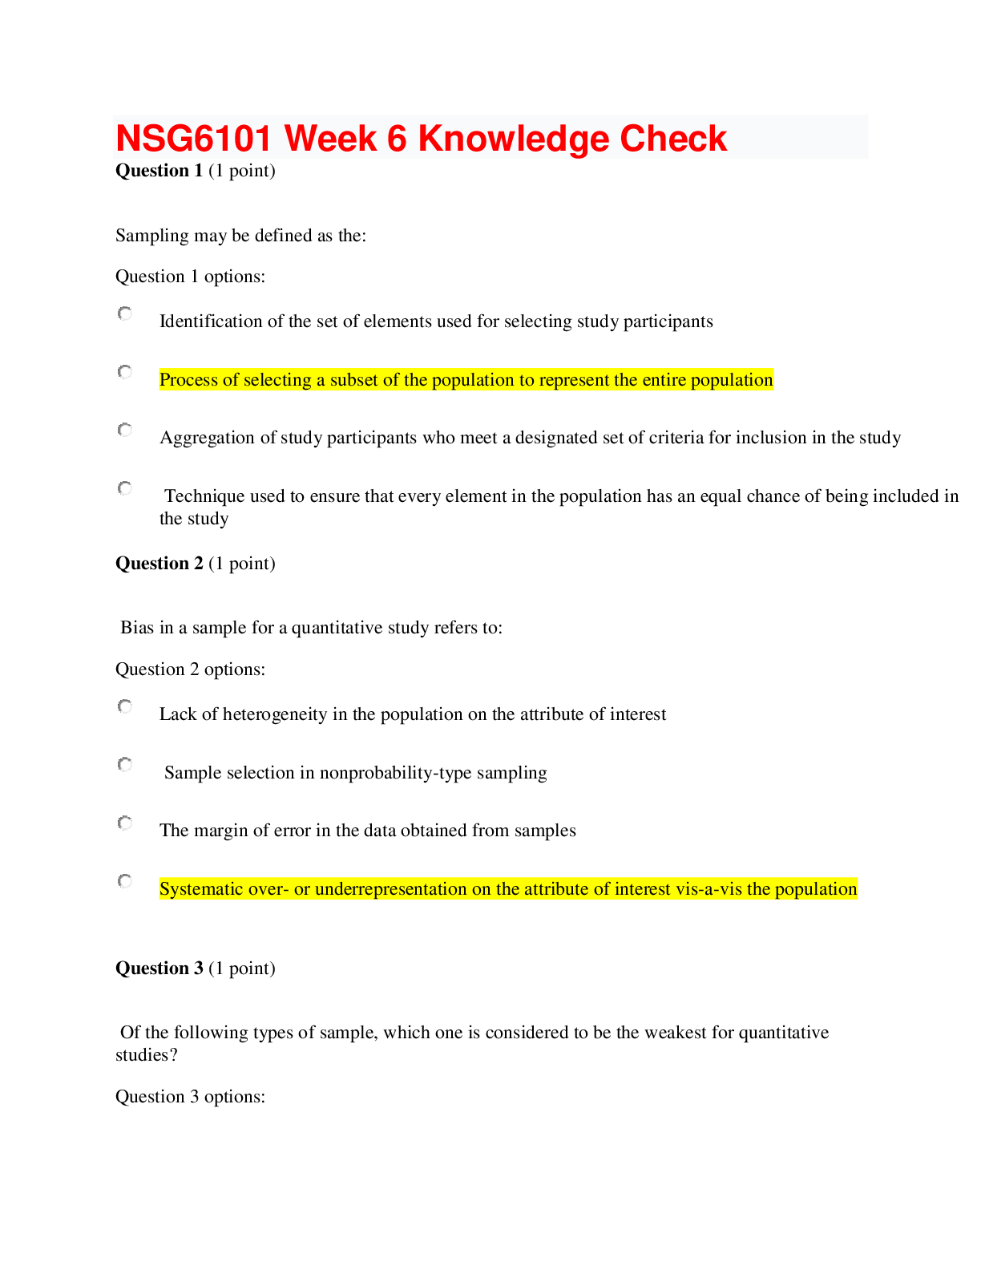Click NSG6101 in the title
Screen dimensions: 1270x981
(x=194, y=139)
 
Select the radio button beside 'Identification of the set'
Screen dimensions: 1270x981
(x=125, y=313)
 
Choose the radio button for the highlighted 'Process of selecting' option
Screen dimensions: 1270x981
(x=125, y=372)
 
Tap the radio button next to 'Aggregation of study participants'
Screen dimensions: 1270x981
(x=125, y=431)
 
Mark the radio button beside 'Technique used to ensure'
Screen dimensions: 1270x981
(x=125, y=488)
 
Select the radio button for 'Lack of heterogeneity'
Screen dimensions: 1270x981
(x=125, y=706)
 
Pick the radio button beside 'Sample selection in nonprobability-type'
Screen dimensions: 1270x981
(x=125, y=765)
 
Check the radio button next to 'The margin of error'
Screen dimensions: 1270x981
(x=125, y=823)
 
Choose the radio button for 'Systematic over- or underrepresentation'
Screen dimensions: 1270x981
(x=125, y=881)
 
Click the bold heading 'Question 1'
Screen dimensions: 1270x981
(x=159, y=171)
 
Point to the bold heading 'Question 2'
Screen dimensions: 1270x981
(x=159, y=564)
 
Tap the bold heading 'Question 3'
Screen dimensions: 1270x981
(x=159, y=969)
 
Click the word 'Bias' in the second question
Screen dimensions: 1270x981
(x=136, y=628)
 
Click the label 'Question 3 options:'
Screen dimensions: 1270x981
(x=190, y=1097)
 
